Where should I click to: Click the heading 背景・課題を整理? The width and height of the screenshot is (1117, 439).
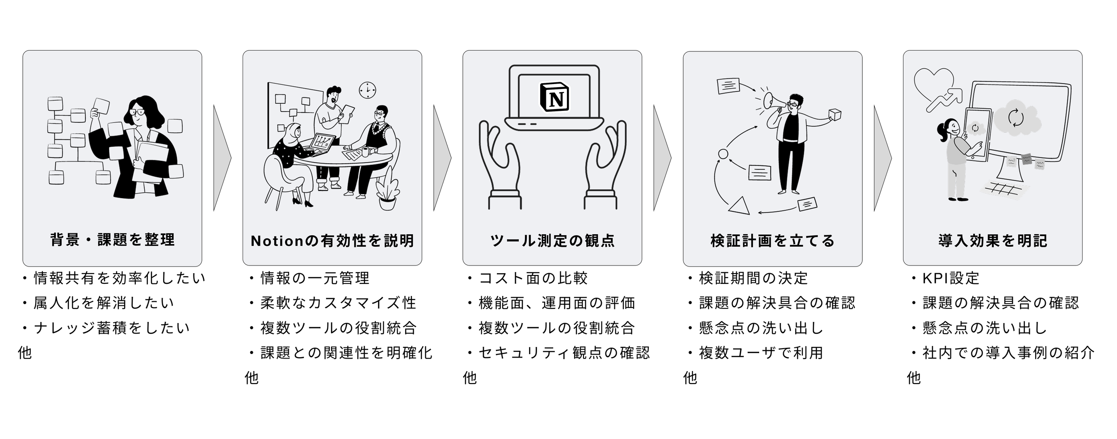pos(112,240)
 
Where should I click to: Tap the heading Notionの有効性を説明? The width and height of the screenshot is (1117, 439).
pos(332,241)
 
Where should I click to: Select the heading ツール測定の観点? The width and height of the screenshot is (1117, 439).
pos(552,241)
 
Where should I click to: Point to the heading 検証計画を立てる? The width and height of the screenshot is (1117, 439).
pos(773,241)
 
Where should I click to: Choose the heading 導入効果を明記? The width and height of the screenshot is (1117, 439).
pos(992,241)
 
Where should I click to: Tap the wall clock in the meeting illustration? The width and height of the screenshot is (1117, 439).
pos(367,90)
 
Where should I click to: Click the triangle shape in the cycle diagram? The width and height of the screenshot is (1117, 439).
pos(739,205)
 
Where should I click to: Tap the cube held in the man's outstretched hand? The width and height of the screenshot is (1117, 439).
pos(834,115)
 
